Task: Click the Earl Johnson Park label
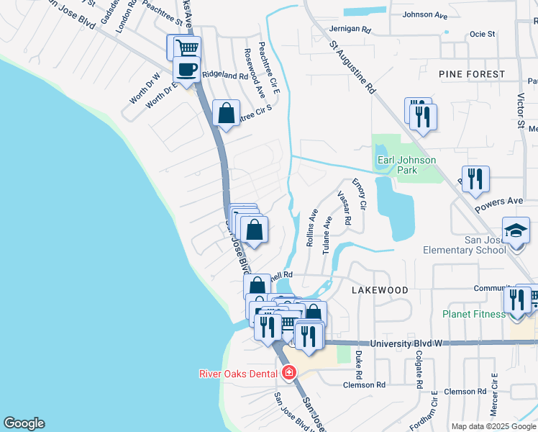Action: point(406,166)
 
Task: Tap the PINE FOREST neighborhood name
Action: point(471,74)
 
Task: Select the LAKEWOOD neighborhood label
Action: point(380,289)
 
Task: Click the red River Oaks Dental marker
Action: point(288,373)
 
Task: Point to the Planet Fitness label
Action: point(475,314)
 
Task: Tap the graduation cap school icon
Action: point(516,231)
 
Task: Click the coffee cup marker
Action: point(187,71)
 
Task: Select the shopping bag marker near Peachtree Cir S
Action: point(226,114)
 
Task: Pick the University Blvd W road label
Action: point(406,344)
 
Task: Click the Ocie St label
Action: point(482,34)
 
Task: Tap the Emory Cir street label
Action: point(358,195)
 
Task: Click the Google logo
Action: point(24,423)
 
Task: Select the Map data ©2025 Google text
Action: point(493,426)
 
